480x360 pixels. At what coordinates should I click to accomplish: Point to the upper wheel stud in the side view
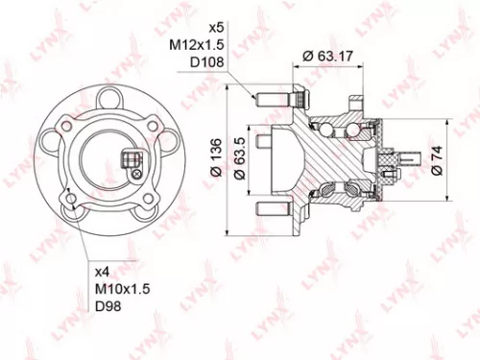click(272, 98)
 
